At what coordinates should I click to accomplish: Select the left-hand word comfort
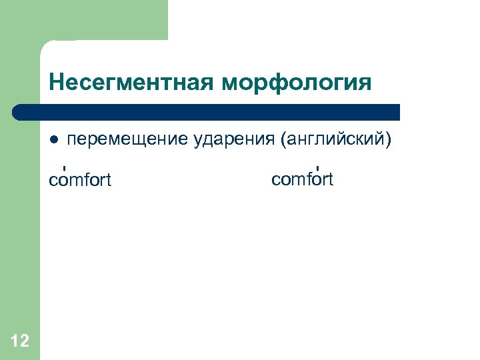point(80,181)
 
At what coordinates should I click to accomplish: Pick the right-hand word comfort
point(302,179)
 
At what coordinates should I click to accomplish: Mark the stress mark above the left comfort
point(63,167)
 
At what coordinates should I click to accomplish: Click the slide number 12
point(20,341)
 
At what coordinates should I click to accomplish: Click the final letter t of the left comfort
point(108,181)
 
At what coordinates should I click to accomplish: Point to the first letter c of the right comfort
point(275,179)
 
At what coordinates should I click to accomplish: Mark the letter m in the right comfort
point(297,179)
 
